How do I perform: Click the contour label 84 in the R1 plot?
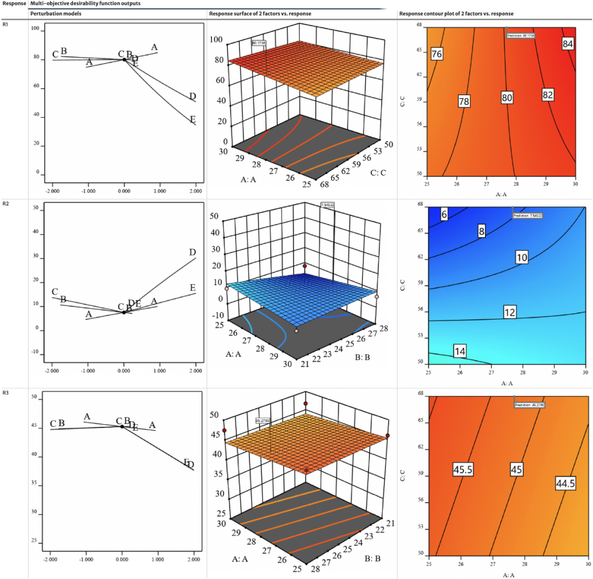[568, 44]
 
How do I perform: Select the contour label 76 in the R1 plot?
[437, 54]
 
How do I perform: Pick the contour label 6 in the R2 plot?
[444, 215]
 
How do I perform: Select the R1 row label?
[5, 25]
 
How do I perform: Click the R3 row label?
[5, 392]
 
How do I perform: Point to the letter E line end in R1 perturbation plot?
[193, 119]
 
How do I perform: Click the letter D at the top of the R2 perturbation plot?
[192, 253]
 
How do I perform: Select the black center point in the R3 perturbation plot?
[122, 426]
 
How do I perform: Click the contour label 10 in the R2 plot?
[522, 257]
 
